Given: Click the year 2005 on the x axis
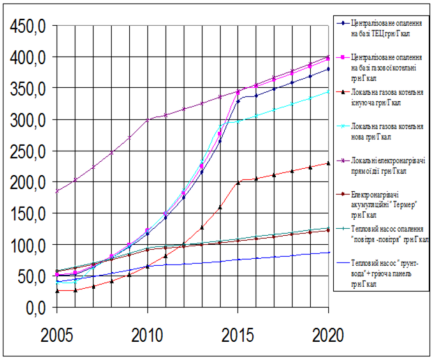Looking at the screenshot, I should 55,336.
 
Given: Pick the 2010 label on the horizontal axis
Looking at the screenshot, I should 147,336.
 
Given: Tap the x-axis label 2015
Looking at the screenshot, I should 238,336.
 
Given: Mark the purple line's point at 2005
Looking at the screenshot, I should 56,191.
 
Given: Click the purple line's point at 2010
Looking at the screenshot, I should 147,120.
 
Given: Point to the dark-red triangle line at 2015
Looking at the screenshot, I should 238,183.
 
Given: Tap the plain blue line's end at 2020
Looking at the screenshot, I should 329,253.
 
